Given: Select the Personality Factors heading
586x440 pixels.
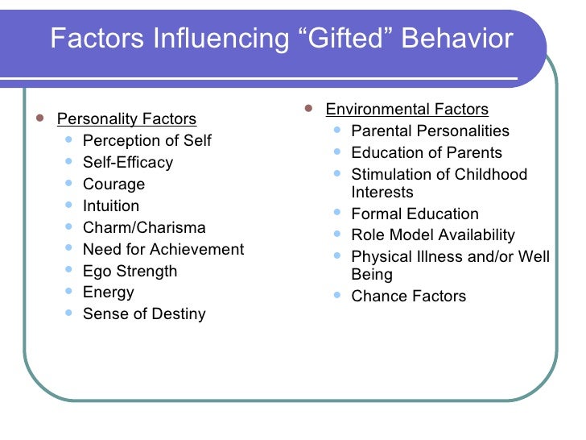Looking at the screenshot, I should pyautogui.click(x=126, y=120).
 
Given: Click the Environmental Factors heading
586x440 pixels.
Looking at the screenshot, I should pyautogui.click(x=406, y=110).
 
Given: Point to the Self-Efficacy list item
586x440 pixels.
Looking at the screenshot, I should pyautogui.click(x=128, y=163).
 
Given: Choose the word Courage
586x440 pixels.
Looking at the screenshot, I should pyautogui.click(x=113, y=185).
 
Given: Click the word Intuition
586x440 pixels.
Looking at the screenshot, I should pyautogui.click(x=111, y=206).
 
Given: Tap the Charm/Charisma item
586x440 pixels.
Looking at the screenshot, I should pyautogui.click(x=144, y=228).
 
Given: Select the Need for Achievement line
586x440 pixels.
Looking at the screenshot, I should pyautogui.click(x=163, y=250).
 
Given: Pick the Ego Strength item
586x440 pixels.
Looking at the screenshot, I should pyautogui.click(x=130, y=272).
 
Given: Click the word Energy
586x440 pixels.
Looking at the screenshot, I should pyautogui.click(x=109, y=293).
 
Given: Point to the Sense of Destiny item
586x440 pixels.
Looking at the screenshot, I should pyautogui.click(x=144, y=314).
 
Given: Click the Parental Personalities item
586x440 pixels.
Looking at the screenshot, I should pyautogui.click(x=431, y=131).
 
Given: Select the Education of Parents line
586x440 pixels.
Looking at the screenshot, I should pyautogui.click(x=427, y=153).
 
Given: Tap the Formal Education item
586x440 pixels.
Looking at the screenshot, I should pyautogui.click(x=415, y=214).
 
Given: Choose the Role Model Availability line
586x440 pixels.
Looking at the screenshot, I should pyautogui.click(x=433, y=236).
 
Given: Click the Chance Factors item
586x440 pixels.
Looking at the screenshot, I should pyautogui.click(x=409, y=297).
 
